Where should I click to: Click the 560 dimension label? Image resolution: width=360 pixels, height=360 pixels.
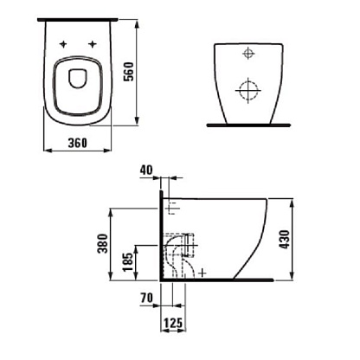pos(129,72)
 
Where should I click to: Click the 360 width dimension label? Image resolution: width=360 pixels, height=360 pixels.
pos(77,143)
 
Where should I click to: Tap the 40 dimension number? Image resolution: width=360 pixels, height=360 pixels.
pos(146,170)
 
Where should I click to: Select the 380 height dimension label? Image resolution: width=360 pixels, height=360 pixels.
pos(102,243)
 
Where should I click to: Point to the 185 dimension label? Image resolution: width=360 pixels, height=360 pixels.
pos(128,261)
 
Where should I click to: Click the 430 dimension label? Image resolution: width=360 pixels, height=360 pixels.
pos(284,239)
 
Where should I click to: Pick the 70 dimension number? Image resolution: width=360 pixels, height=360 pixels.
pos(146,298)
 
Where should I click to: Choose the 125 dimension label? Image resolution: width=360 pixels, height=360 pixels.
pos(173,323)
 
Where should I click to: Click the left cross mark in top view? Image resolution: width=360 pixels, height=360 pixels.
pos(63,44)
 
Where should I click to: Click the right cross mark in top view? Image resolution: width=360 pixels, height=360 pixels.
pos(93,44)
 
